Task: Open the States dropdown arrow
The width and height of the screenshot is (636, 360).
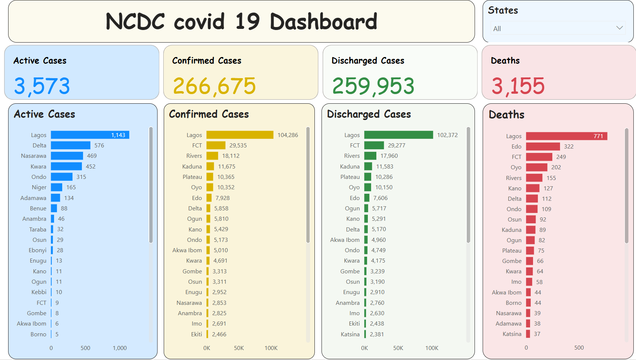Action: pos(619,28)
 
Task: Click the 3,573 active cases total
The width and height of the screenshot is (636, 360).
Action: pos(42,86)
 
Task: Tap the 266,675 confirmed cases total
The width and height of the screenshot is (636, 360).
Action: pos(214,86)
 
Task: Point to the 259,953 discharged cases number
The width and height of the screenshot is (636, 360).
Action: pos(373,86)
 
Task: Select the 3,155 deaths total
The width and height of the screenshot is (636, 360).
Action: pos(518,86)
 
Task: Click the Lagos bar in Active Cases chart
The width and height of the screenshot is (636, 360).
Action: pos(90,135)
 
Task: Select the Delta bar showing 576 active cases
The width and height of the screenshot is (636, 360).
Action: pos(70,146)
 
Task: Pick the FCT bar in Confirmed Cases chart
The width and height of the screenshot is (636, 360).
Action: pos(216,146)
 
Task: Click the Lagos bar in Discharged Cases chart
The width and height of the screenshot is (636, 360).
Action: pos(399,135)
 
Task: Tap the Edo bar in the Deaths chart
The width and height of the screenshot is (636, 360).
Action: pos(543,147)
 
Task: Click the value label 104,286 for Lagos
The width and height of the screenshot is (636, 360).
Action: pos(288,135)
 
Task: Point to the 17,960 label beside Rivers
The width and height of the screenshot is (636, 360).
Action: pos(389,156)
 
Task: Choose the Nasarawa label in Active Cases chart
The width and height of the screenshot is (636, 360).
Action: pos(34,156)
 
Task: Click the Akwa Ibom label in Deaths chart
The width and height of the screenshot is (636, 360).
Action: pos(506,293)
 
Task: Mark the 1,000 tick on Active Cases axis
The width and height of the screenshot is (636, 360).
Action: pos(120,348)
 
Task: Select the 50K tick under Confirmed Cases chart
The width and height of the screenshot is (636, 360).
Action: pos(239,348)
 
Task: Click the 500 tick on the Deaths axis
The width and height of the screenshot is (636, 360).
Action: pos(579,348)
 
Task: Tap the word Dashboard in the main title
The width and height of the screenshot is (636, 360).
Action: pos(323,21)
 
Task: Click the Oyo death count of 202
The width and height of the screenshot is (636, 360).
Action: pos(556,167)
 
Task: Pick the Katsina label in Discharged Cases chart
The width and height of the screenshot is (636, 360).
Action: pos(350,334)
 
